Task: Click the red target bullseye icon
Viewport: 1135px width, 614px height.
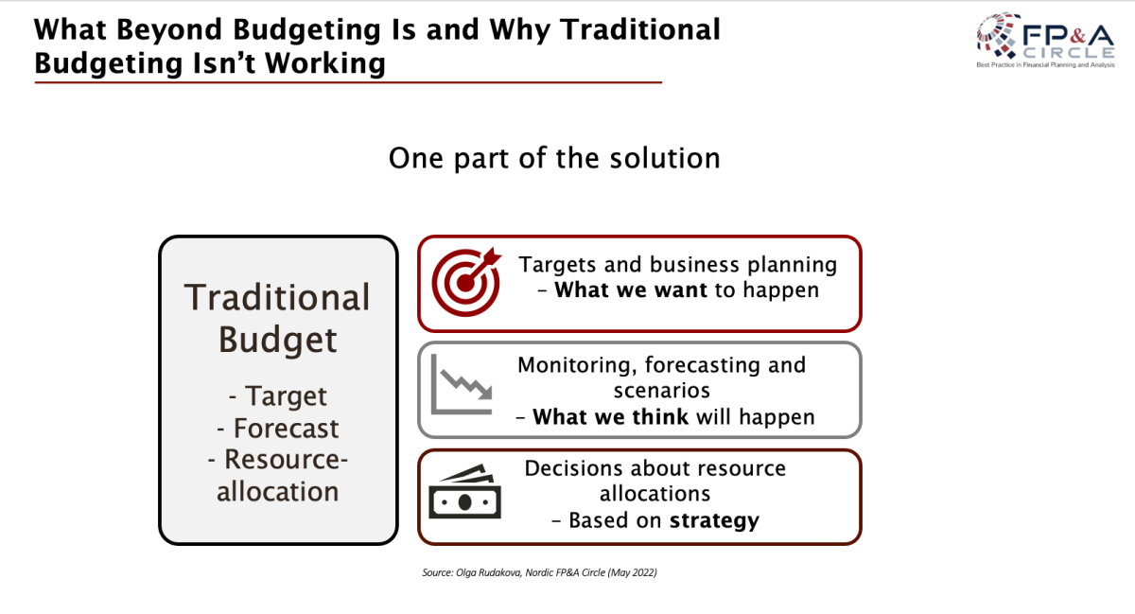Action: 466,282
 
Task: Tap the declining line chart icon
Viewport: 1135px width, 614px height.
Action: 462,384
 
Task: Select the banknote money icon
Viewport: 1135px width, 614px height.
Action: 464,491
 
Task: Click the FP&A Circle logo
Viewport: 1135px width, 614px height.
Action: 1045,40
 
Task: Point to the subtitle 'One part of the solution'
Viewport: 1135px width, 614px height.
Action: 554,158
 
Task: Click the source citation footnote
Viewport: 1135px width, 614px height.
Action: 539,572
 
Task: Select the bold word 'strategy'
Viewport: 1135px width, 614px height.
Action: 714,521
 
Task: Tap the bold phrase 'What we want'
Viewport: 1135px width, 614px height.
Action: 631,290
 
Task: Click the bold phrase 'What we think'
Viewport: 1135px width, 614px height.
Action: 611,417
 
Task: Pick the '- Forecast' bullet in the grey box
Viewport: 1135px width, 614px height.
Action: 278,428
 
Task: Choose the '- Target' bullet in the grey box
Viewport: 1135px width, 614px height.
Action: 278,395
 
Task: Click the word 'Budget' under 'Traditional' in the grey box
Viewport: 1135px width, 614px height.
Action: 278,340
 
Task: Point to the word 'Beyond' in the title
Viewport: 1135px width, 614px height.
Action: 169,30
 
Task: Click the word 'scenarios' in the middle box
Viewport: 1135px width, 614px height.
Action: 662,391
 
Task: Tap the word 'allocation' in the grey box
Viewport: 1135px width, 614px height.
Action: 278,491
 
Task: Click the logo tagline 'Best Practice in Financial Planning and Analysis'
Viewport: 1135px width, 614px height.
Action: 1045,65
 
